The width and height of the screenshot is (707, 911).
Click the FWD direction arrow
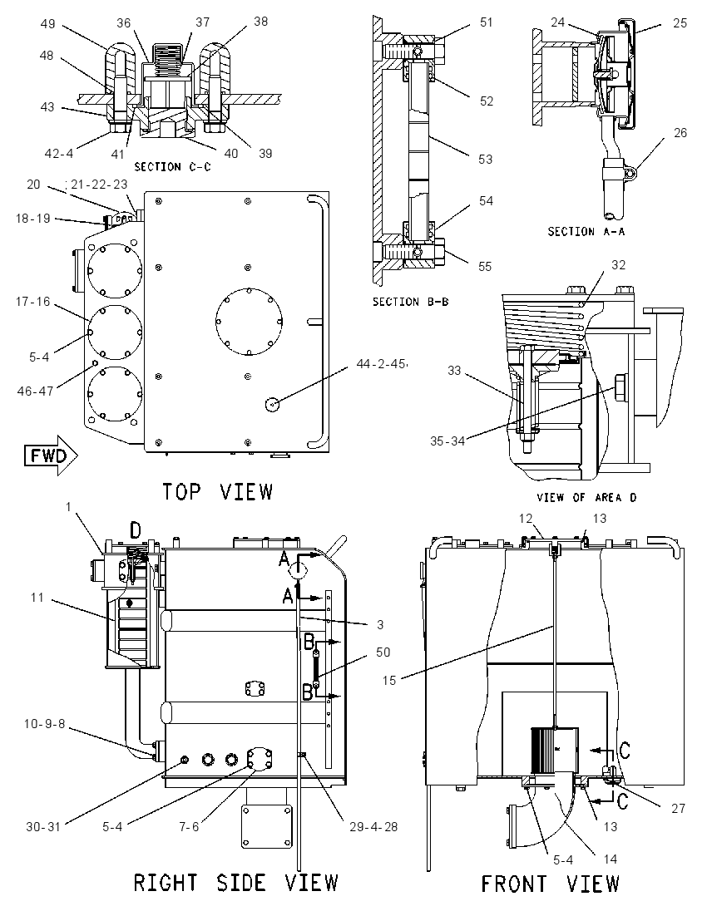tap(51, 456)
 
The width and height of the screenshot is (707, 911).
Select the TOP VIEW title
tap(217, 491)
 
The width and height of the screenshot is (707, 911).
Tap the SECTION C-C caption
tap(173, 167)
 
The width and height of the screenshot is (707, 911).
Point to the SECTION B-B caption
tap(411, 302)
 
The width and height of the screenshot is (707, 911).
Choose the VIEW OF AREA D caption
tap(586, 497)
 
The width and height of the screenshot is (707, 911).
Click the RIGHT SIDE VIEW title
tap(235, 883)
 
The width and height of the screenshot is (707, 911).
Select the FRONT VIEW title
tap(550, 884)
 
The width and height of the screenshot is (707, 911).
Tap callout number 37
tap(202, 22)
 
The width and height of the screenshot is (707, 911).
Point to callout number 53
tap(486, 159)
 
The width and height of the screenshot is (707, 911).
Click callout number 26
tap(680, 133)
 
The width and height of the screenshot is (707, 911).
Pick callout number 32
tap(619, 265)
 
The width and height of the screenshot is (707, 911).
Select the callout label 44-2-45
tap(381, 364)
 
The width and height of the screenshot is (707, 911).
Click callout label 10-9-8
tap(44, 724)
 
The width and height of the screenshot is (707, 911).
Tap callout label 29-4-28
tap(373, 826)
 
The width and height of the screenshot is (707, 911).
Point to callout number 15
tap(389, 680)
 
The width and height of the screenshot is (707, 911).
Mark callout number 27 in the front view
tap(678, 808)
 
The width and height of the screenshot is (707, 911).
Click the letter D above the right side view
tap(135, 529)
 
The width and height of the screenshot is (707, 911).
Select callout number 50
tap(383, 652)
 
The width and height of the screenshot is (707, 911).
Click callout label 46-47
tap(36, 391)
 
